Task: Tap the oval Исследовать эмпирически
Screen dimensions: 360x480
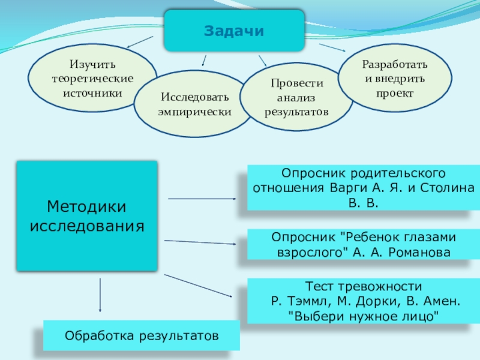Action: pos(193,104)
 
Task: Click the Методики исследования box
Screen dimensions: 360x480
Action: pos(87,216)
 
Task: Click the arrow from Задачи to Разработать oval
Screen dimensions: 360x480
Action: pos(331,47)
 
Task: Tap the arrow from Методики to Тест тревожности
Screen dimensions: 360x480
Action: pos(197,286)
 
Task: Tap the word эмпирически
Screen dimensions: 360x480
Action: pos(194,112)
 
